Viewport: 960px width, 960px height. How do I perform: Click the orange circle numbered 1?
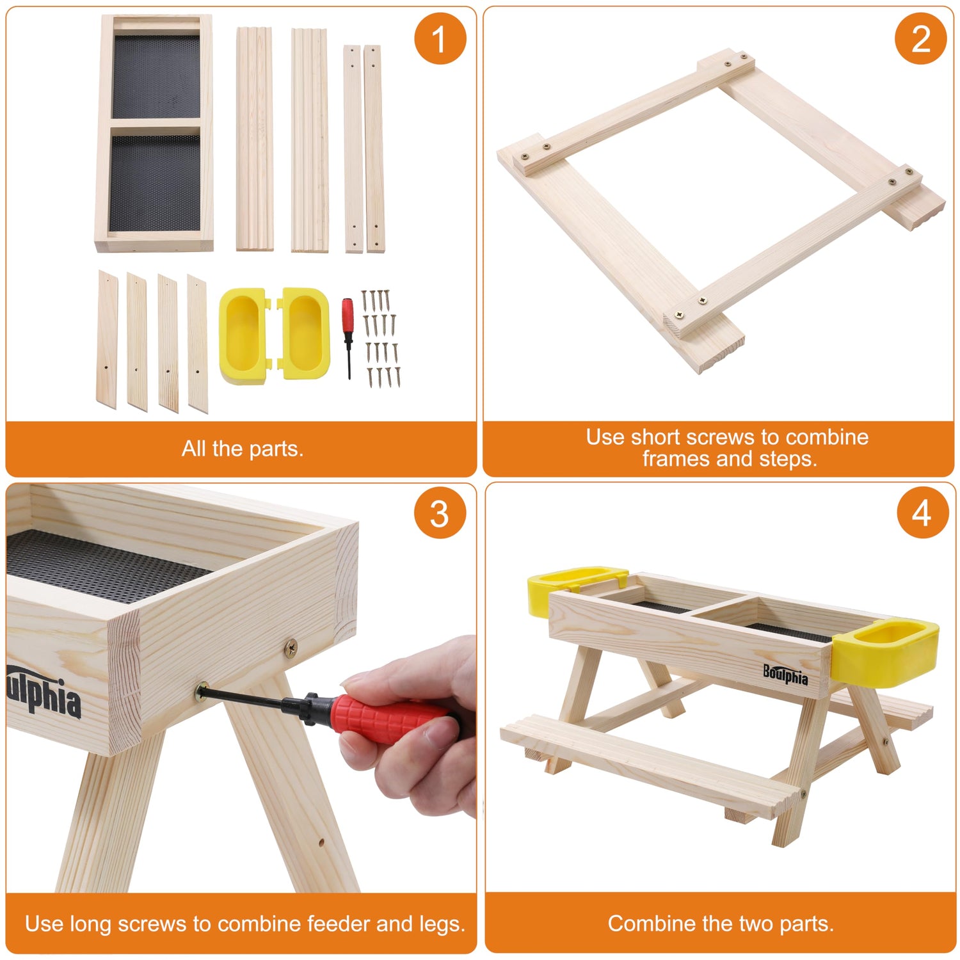(440, 38)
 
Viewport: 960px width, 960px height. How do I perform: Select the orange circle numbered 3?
(440, 513)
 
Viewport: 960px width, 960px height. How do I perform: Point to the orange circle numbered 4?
(921, 513)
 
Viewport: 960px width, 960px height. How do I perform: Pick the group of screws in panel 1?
(381, 339)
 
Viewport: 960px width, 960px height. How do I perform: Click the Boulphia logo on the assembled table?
(785, 674)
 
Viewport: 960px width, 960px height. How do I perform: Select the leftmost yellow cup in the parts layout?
(243, 336)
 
